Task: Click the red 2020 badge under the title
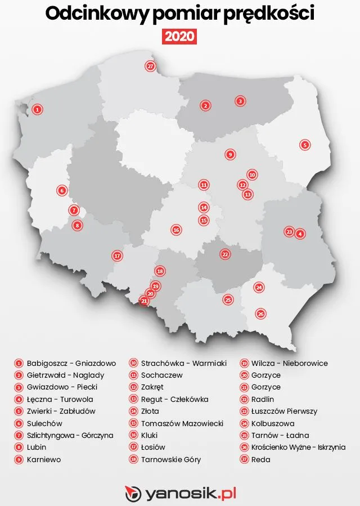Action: [x=180, y=37]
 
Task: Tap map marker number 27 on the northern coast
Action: [x=150, y=66]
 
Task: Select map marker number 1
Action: [x=37, y=109]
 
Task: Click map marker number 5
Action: [x=305, y=145]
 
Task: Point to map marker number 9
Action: [x=229, y=154]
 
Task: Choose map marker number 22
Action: [x=225, y=254]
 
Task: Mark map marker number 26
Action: [x=260, y=314]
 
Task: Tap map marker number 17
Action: [x=117, y=256]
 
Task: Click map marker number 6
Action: [x=62, y=190]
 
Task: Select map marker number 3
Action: [x=240, y=101]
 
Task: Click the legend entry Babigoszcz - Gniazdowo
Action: [x=71, y=364]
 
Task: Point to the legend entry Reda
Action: [x=262, y=459]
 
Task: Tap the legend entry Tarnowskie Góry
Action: [x=170, y=459]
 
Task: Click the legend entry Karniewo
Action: [x=44, y=459]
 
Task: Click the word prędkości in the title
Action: [x=269, y=15]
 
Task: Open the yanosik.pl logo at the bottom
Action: [x=180, y=494]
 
